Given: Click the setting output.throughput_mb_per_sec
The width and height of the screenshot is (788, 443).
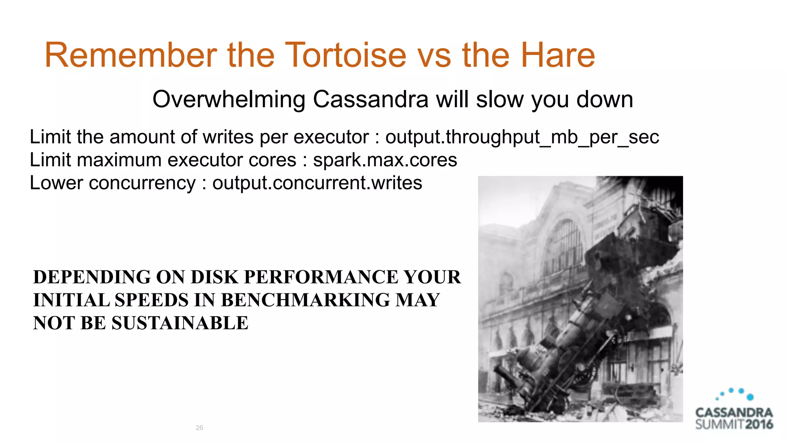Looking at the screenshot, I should (x=522, y=137).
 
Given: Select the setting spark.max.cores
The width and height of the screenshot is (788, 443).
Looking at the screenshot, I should (x=385, y=160).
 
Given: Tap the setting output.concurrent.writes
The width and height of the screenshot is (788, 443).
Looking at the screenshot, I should (x=317, y=183).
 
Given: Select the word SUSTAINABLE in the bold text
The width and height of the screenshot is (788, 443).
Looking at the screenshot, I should (x=180, y=323).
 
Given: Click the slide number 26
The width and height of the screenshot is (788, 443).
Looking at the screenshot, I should (x=199, y=428).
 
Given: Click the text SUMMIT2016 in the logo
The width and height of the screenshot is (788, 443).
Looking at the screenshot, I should (x=734, y=425).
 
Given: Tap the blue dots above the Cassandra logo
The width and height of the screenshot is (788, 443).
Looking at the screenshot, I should (x=735, y=394).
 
